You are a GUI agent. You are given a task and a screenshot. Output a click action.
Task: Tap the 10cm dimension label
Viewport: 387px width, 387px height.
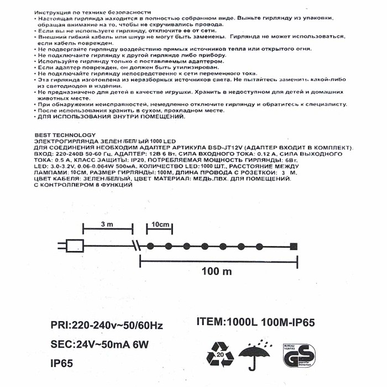(160, 224)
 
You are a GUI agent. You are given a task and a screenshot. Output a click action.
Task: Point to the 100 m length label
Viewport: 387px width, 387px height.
(217, 272)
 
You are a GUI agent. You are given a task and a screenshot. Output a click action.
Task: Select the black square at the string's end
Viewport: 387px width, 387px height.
(294, 246)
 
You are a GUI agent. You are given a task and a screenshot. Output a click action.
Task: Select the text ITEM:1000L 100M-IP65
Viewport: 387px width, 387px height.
(259, 323)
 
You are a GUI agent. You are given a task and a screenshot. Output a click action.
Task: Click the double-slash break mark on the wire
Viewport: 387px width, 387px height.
(135, 245)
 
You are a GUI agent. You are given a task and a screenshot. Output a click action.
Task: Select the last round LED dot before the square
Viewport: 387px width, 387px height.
(259, 246)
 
